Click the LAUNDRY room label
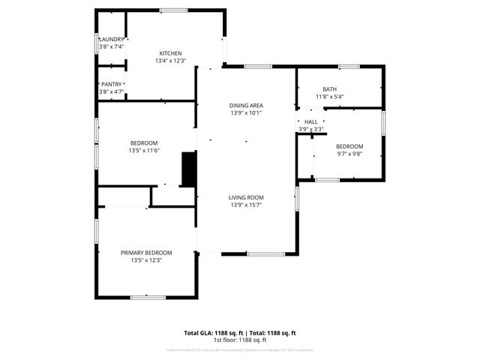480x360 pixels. (x=112, y=40)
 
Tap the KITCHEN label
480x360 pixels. (x=170, y=53)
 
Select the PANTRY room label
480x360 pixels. (x=112, y=85)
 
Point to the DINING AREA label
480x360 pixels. (x=247, y=105)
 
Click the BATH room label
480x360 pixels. (x=330, y=89)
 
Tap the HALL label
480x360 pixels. (x=310, y=121)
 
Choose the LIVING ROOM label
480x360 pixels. (x=247, y=197)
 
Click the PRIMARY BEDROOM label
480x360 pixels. (x=146, y=253)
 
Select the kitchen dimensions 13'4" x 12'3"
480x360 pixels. (x=170, y=61)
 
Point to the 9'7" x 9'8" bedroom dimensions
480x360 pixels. (x=349, y=153)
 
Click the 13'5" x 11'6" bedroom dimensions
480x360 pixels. (x=144, y=151)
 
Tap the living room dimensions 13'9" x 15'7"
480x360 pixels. (x=247, y=205)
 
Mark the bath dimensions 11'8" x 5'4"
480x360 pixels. (x=330, y=97)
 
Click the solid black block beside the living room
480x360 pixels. (x=189, y=169)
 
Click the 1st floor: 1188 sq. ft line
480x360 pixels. (x=240, y=340)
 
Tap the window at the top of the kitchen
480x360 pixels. (x=174, y=10)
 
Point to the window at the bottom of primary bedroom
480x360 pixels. (x=148, y=297)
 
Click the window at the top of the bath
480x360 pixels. (x=349, y=67)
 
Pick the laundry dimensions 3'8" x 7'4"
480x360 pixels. (x=112, y=46)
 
